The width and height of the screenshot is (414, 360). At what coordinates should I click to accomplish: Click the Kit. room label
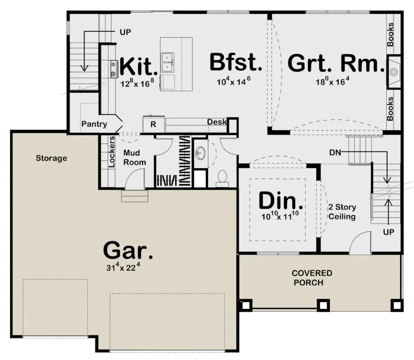tap(138, 66)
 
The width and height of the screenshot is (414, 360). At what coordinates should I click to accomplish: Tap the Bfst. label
tap(236, 62)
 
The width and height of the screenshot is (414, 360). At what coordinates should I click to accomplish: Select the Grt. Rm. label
tap(336, 63)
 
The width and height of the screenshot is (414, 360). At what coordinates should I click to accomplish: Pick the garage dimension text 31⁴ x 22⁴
tap(123, 266)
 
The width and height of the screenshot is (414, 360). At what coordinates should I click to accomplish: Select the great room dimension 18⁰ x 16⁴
tap(333, 81)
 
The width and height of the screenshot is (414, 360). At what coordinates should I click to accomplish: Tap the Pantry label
tap(94, 124)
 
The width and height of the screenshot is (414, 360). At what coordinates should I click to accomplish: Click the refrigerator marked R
tap(154, 124)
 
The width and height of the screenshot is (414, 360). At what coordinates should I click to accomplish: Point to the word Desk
tap(217, 122)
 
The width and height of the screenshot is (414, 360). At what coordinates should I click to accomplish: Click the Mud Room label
tap(135, 157)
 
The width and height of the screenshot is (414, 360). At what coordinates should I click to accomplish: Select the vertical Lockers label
tap(112, 152)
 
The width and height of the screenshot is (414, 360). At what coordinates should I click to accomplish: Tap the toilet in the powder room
tap(223, 178)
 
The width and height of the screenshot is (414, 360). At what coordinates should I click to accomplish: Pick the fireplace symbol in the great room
tap(394, 72)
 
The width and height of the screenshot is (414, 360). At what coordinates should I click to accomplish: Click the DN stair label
tap(335, 153)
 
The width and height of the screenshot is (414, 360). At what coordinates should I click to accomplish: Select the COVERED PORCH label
tap(312, 278)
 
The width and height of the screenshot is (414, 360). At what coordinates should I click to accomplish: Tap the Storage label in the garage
tap(51, 158)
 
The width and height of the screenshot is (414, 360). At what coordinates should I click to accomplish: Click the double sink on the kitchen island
tap(167, 62)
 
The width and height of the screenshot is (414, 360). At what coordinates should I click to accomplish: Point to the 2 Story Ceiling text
tap(342, 212)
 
